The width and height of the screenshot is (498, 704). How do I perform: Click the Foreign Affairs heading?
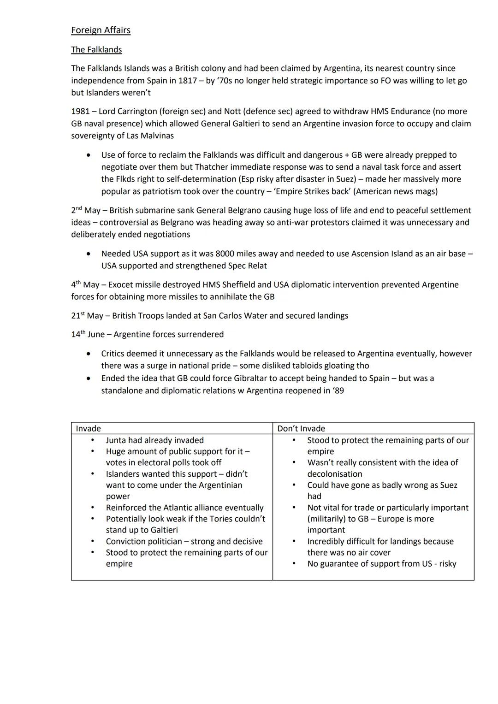point(101,30)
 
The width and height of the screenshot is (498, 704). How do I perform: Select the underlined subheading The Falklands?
point(96,50)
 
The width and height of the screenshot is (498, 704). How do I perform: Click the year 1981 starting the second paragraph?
point(81,112)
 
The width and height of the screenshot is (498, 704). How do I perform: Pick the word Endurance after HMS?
point(410,112)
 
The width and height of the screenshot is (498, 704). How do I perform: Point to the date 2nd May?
point(86,210)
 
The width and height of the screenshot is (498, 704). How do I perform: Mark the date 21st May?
point(87,316)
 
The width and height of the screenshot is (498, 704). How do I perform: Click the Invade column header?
point(88,429)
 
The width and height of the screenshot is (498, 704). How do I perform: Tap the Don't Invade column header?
point(301,429)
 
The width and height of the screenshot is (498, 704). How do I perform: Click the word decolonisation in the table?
point(335,474)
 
